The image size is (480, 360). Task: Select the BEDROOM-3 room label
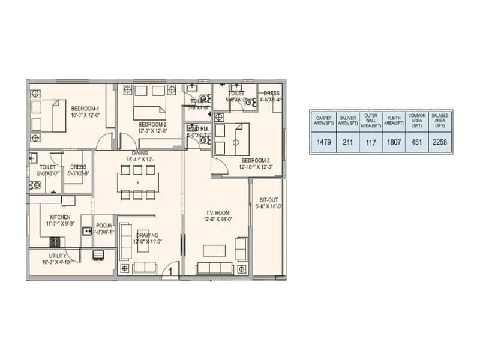point(256,161)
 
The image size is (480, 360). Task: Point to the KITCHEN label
point(60,217)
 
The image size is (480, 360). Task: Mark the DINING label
point(137,153)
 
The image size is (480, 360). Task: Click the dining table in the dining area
point(137,182)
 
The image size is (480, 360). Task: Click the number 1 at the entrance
point(170,272)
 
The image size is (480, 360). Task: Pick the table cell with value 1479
point(323,142)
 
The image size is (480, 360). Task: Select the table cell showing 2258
point(439,142)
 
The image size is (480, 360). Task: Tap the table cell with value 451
point(416,142)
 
